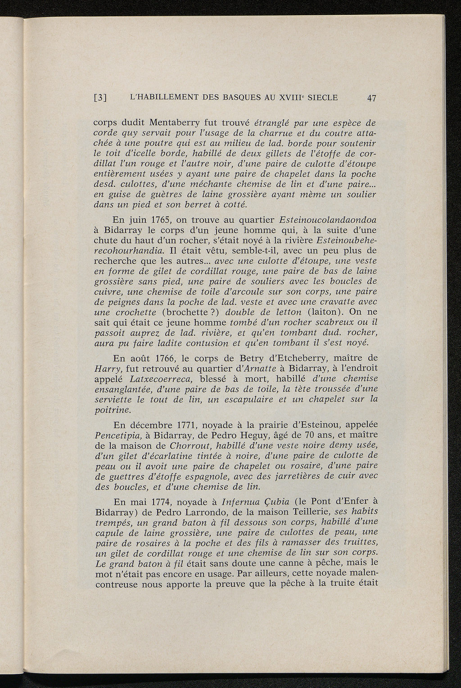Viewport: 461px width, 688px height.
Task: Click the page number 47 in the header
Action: [371, 97]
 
